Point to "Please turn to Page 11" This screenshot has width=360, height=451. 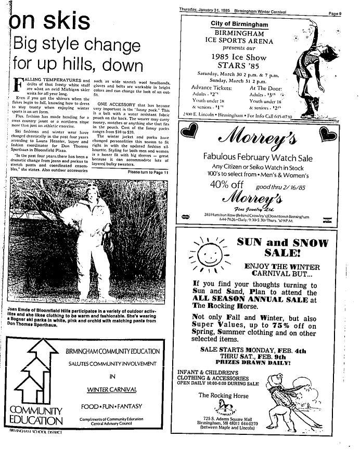148,172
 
